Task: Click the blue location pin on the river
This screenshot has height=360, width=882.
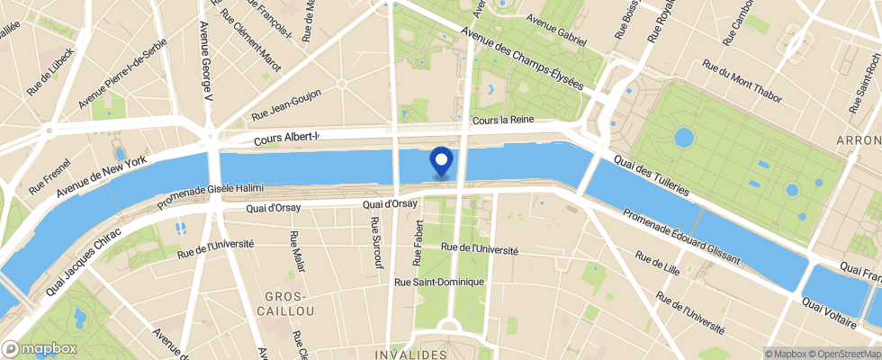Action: pos(442,161)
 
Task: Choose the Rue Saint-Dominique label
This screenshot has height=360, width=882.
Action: pos(440,282)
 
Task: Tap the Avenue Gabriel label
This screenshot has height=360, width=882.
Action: pos(556,31)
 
